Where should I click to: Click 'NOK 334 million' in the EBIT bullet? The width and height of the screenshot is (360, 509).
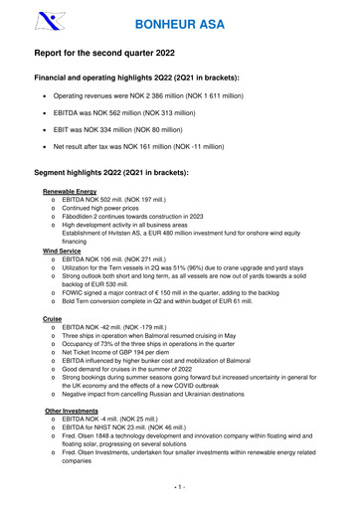click(127, 130)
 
